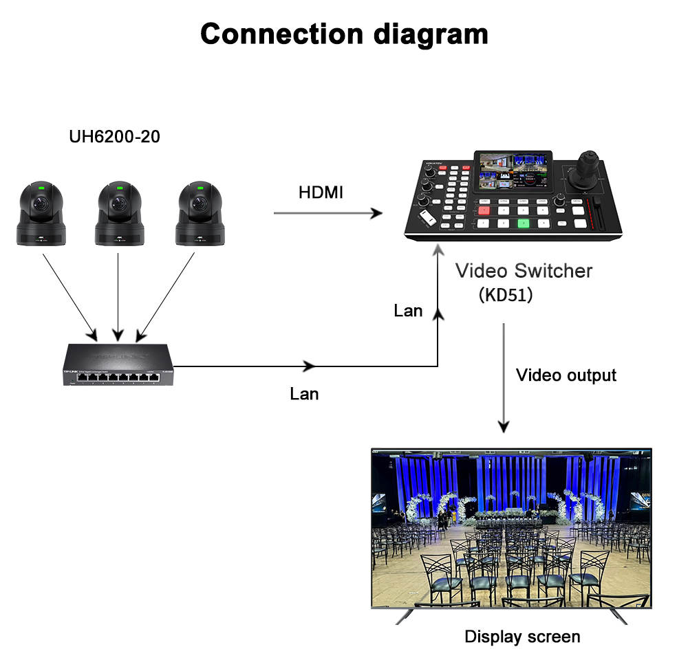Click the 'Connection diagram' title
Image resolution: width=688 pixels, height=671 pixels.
pyautogui.click(x=344, y=34)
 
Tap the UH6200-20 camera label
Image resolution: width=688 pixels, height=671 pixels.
pyautogui.click(x=114, y=137)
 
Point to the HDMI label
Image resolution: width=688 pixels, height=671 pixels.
pyautogui.click(x=321, y=192)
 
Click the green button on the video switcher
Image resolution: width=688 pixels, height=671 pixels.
pyautogui.click(x=524, y=223)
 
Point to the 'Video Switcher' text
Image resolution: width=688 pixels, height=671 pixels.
pyautogui.click(x=524, y=270)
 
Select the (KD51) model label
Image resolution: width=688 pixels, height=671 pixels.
pyautogui.click(x=506, y=295)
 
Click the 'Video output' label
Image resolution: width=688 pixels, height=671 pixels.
pyautogui.click(x=566, y=375)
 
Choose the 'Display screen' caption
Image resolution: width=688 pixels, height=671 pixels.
pyautogui.click(x=522, y=637)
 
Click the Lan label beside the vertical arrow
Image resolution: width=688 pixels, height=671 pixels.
pyautogui.click(x=408, y=311)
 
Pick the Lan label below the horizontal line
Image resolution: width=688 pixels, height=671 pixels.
pyautogui.click(x=304, y=394)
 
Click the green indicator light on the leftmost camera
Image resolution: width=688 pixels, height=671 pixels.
pyautogui.click(x=41, y=186)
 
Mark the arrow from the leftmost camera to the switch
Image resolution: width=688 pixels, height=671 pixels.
pyautogui.click(x=70, y=293)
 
